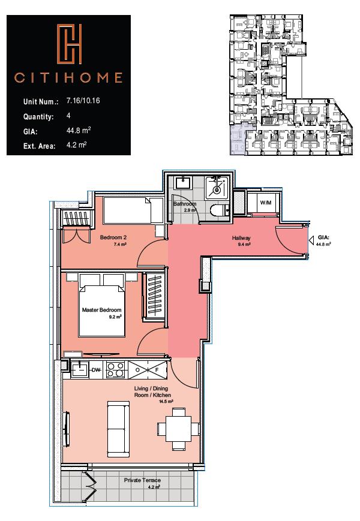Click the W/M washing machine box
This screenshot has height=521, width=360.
(265, 203)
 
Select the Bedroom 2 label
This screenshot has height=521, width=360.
(113, 238)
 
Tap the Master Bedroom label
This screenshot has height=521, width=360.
(102, 310)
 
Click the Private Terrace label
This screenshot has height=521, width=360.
(142, 480)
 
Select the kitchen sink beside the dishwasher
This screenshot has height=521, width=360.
(79, 370)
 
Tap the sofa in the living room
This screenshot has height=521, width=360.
(117, 428)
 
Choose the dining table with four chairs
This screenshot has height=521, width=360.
(178, 428)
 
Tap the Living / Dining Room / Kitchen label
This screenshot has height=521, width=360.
(152, 393)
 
